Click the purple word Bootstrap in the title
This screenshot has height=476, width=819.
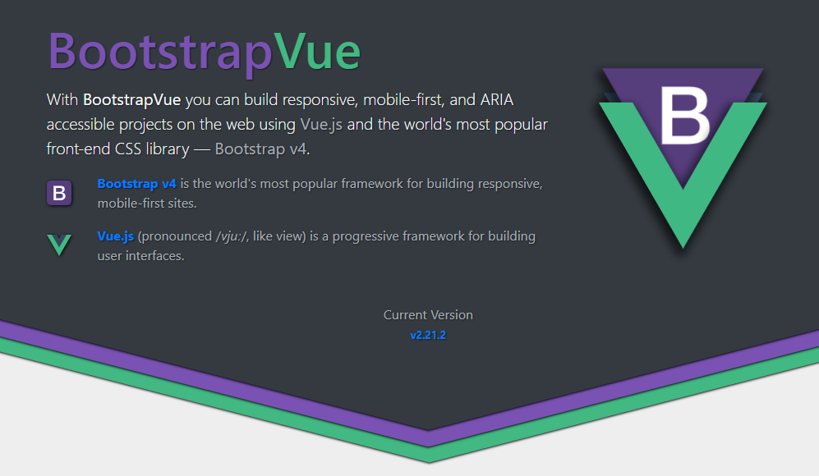[x=160, y=53]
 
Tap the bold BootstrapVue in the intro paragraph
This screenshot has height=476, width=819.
[x=131, y=99]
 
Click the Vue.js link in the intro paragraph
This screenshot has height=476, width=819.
[x=321, y=124]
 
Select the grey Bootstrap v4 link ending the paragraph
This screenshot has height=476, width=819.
[x=261, y=149]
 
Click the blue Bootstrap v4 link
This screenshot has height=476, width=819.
[x=137, y=184]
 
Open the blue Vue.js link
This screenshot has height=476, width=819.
[x=116, y=236]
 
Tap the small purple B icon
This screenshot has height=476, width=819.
[x=59, y=193]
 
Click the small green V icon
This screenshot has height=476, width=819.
[x=59, y=245]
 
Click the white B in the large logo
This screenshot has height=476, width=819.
[x=684, y=116]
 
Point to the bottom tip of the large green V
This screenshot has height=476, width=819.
[x=683, y=248]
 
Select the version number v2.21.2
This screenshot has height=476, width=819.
[x=428, y=335]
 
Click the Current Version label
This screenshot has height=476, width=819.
[x=428, y=314]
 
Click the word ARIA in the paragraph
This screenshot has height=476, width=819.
[x=497, y=99]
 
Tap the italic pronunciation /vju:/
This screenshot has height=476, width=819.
[x=232, y=236]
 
